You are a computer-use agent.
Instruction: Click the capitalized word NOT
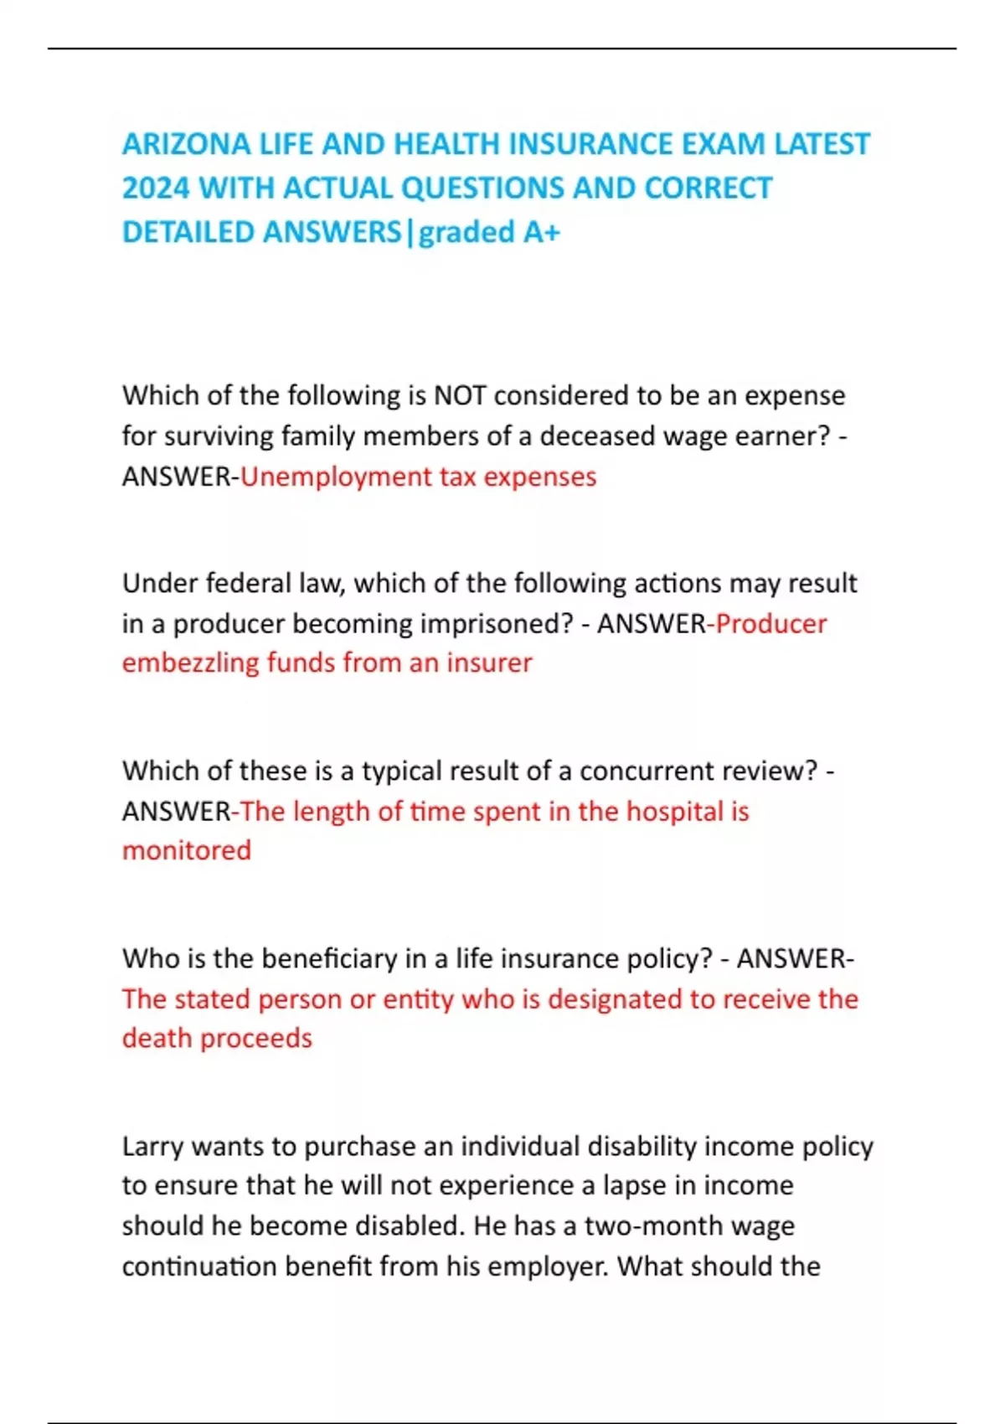coord(460,395)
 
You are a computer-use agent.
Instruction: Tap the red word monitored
coord(187,850)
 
